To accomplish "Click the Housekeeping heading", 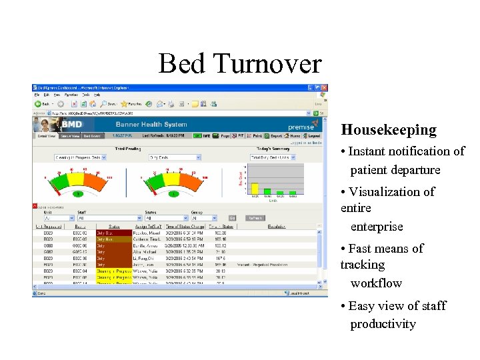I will pyautogui.click(x=379, y=129).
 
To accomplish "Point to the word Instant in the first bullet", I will pyautogui.click(x=371, y=151).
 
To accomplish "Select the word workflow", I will pyautogui.click(x=376, y=283).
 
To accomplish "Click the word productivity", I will pyautogui.click(x=383, y=324).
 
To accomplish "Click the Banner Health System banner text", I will pyautogui.click(x=151, y=124).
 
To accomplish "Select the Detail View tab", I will pyautogui.click(x=46, y=136).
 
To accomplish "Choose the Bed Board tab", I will pyautogui.click(x=91, y=136).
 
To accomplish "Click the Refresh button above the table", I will pyautogui.click(x=255, y=217).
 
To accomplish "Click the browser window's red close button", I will pyautogui.click(x=324, y=87).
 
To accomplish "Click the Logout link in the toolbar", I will pyautogui.click(x=315, y=135).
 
